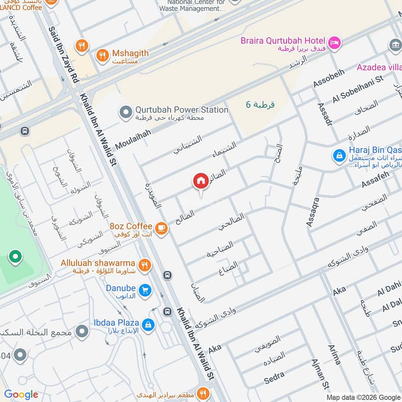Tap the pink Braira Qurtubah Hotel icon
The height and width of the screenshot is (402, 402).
(x=335, y=42)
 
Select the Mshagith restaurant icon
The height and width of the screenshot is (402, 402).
(x=103, y=55)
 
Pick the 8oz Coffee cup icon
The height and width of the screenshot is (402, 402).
(x=161, y=229)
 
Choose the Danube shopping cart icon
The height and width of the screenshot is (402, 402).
(x=145, y=290)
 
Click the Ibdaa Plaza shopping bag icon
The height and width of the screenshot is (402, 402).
(x=148, y=325)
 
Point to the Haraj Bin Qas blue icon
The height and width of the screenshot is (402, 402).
(x=340, y=155)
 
